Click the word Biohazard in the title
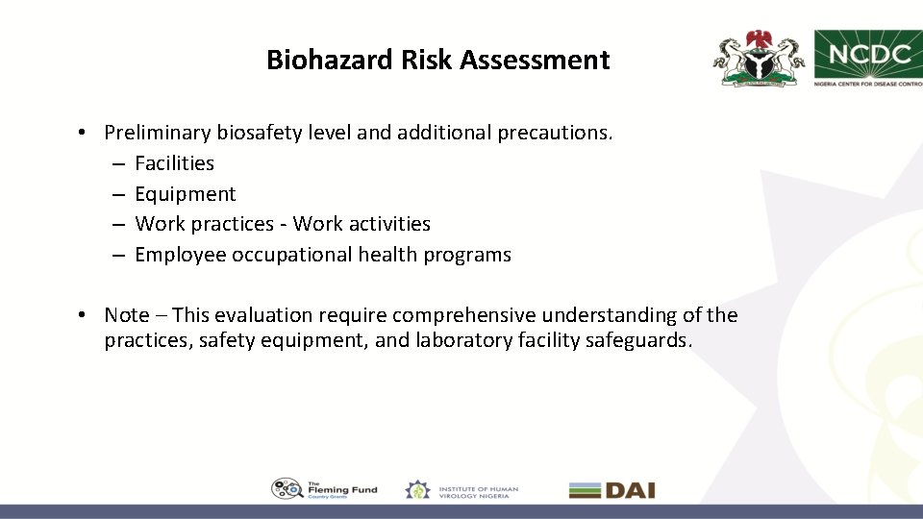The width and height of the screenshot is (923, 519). coord(313,61)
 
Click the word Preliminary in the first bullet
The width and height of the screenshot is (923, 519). coord(158,133)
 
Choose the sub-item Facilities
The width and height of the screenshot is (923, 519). coord(174,163)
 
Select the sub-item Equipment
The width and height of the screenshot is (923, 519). coord(185,194)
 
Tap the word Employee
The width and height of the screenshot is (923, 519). coord(181,255)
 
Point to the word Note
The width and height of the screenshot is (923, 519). coord(127,315)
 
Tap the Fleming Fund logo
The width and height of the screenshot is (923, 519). coord(325,489)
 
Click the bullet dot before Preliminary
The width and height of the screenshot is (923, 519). coord(85,133)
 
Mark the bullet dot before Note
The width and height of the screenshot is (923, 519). coord(85,315)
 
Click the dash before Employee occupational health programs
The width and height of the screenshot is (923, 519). coord(116,255)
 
